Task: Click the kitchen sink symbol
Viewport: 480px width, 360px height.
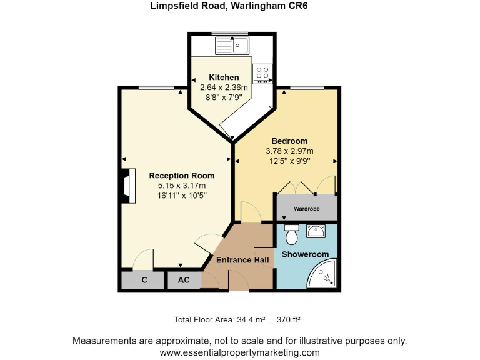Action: pos(232,45)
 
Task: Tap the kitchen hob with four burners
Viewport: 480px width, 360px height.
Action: pos(262,74)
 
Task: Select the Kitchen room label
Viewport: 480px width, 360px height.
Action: pos(224,77)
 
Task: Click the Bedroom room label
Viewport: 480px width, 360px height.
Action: pos(289,141)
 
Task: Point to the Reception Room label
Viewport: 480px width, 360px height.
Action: pos(181,176)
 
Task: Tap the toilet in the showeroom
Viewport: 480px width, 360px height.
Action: pos(291,235)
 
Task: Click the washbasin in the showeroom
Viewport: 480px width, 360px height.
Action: pos(317,232)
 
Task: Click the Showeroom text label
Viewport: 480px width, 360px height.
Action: pos(305,254)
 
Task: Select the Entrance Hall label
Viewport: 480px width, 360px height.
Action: pos(242,260)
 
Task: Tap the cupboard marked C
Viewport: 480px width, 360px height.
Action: pos(144,281)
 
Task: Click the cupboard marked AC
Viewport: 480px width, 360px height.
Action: pos(184,281)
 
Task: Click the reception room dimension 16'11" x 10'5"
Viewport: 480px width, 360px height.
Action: pos(181,196)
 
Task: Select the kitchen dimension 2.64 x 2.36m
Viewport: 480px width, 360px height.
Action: pos(224,87)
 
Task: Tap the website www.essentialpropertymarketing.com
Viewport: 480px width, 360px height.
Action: pos(239,352)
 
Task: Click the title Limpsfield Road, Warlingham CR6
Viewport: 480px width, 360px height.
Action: pos(239,6)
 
